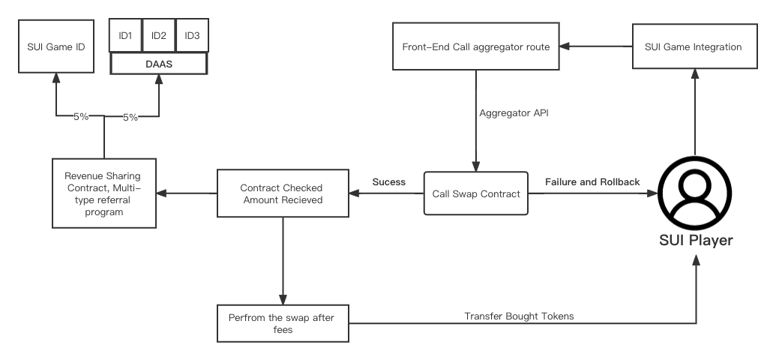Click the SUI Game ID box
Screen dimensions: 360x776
pyautogui.click(x=55, y=46)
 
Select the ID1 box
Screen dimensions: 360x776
pyautogui.click(x=125, y=36)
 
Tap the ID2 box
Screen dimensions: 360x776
pyautogui.click(x=158, y=36)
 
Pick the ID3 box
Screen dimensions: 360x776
pyautogui.click(x=191, y=36)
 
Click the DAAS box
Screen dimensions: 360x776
pyautogui.click(x=158, y=64)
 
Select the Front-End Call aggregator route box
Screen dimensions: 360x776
pyautogui.click(x=476, y=46)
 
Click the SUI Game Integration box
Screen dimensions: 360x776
pyautogui.click(x=694, y=46)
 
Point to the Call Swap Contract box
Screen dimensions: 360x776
pyautogui.click(x=476, y=193)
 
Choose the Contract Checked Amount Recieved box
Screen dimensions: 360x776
pyautogui.click(x=282, y=193)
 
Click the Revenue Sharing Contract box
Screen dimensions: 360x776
pyautogui.click(x=104, y=193)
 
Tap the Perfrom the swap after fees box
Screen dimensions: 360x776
pyautogui.click(x=282, y=323)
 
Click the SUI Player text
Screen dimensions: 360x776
pyautogui.click(x=696, y=241)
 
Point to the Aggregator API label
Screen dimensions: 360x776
pyautogui.click(x=509, y=112)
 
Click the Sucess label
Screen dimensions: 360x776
pyautogui.click(x=388, y=182)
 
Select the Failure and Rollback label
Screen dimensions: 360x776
pyautogui.click(x=592, y=182)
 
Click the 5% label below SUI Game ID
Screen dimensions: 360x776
pyautogui.click(x=81, y=117)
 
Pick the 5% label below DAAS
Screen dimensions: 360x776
pyautogui.click(x=130, y=117)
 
